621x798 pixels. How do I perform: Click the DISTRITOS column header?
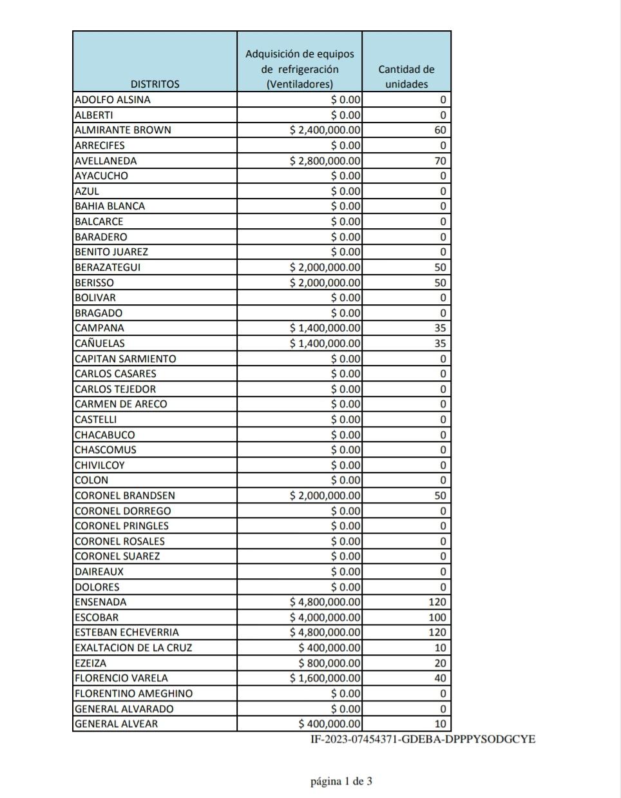point(155,84)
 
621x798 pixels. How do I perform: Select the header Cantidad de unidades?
point(406,77)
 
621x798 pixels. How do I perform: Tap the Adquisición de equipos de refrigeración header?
point(300,69)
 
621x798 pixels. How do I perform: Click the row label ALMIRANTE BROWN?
point(123,130)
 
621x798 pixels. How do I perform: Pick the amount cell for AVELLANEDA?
point(325,161)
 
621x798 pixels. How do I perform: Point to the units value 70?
point(440,161)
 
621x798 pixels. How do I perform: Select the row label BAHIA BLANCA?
point(110,206)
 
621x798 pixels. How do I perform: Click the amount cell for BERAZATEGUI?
point(325,267)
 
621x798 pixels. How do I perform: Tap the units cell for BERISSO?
point(440,282)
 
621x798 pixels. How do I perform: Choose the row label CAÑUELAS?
point(100,344)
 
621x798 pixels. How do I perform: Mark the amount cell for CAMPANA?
point(325,328)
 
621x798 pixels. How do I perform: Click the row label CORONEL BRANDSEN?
point(125,496)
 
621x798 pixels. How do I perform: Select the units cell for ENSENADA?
point(437,602)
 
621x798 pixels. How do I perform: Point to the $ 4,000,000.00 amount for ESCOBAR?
point(325,617)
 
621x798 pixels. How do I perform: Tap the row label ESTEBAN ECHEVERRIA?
point(127,632)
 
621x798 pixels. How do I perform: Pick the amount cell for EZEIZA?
point(330,663)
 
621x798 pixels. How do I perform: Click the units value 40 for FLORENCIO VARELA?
point(440,678)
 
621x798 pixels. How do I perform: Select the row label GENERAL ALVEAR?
point(117,724)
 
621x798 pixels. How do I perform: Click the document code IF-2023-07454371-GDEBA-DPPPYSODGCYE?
point(423,739)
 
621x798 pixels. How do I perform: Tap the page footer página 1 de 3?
point(341,782)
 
